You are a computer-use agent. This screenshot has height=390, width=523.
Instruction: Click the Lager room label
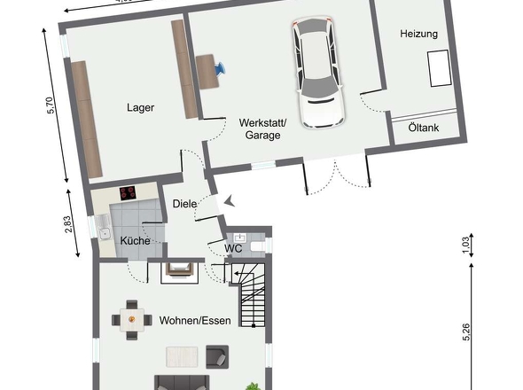pos(140,108)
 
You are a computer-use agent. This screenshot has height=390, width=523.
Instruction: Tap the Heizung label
pos(419,34)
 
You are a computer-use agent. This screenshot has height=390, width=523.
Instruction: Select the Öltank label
pos(424,128)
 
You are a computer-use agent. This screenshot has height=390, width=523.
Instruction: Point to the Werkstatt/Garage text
pos(263,129)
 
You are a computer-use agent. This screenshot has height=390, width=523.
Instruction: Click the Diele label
pos(184,204)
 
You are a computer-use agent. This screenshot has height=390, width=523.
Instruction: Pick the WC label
pos(233,248)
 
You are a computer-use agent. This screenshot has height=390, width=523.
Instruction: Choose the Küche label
pos(135,240)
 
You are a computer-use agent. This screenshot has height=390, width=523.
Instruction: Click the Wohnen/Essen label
pos(195,321)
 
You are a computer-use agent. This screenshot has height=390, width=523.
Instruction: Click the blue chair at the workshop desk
pos(220,68)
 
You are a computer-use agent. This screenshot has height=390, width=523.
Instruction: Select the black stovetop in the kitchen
pos(128,193)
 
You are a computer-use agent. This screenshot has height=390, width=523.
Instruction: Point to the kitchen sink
pos(103,227)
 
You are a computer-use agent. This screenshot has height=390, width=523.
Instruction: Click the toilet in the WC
pos(258,247)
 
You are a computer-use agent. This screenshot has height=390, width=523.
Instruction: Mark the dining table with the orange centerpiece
pos(132,320)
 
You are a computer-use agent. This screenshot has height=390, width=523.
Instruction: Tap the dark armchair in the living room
pos(217,356)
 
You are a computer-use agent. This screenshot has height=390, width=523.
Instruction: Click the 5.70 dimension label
pos(50,105)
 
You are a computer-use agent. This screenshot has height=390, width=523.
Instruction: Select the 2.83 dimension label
pos(67,224)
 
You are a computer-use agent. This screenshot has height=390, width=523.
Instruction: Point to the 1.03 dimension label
pos(466,246)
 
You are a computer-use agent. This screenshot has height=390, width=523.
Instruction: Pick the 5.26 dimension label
pos(466,332)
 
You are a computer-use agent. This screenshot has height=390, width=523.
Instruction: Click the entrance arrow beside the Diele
pos(229,201)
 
